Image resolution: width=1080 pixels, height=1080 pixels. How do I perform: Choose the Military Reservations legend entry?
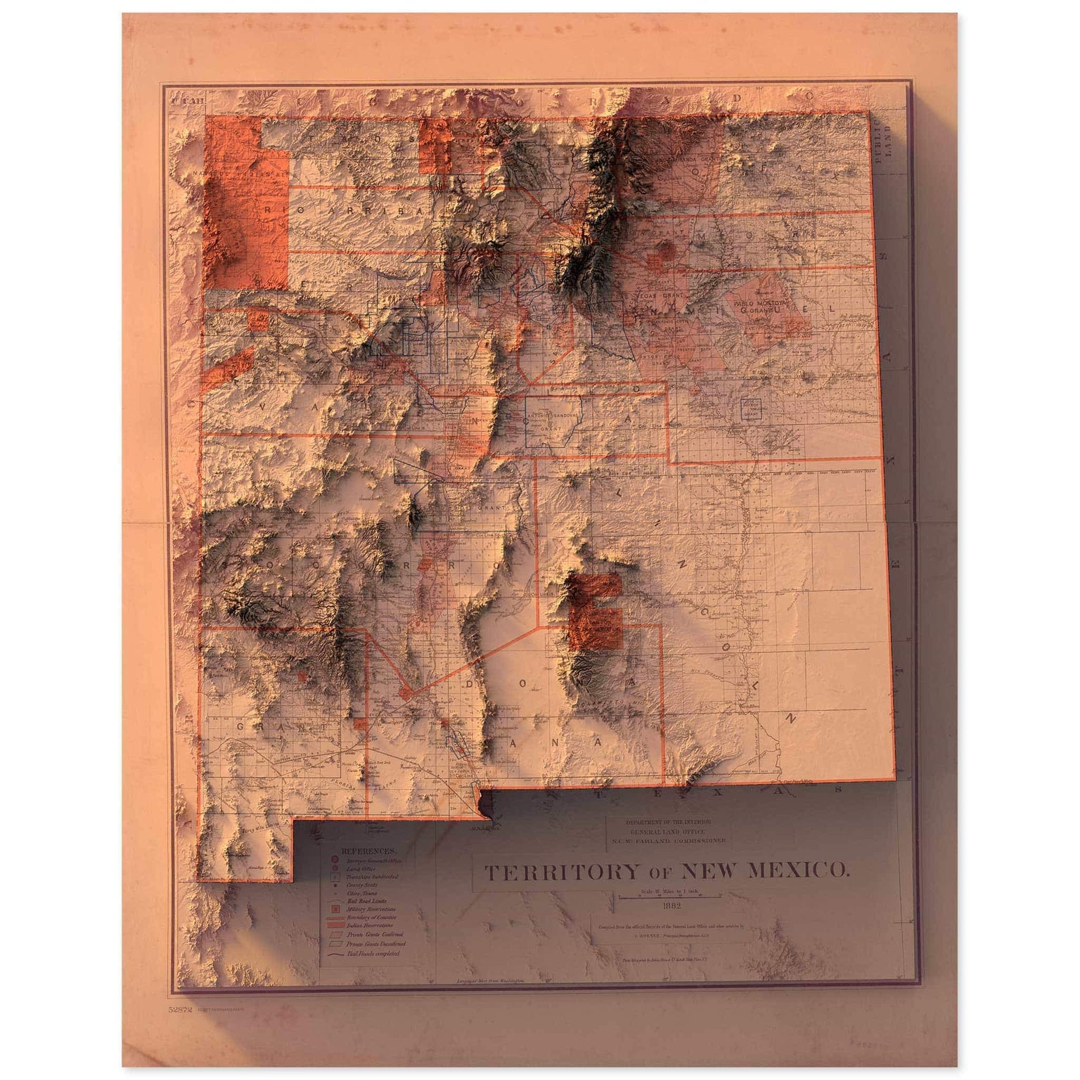point(371,908)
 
